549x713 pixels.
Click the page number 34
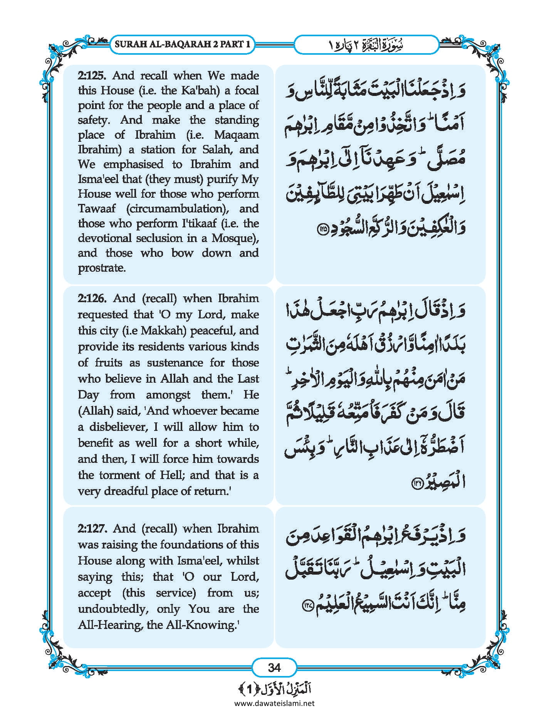(274, 668)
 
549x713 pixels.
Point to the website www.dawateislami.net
(274, 703)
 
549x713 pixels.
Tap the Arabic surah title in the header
(366, 45)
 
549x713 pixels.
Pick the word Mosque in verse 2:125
(233, 239)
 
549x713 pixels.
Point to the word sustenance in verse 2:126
(175, 363)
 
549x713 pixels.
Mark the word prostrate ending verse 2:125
(102, 268)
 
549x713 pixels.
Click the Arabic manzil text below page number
(274, 689)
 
